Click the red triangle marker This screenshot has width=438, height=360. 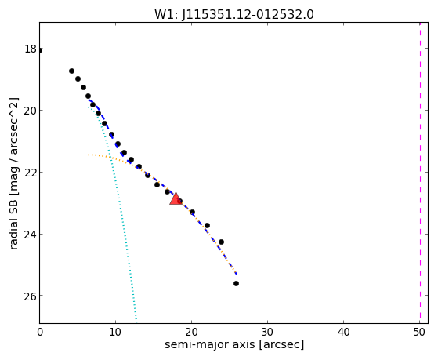click(x=176, y=199)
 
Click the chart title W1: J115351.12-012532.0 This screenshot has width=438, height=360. click(x=234, y=15)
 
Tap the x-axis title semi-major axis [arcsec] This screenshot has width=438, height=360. click(x=234, y=344)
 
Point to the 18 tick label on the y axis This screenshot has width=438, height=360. click(x=31, y=49)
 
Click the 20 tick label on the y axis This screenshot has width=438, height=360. click(x=31, y=111)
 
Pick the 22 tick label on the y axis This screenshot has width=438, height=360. click(x=31, y=173)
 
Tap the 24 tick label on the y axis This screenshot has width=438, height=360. click(x=31, y=235)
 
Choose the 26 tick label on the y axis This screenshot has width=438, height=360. click(x=31, y=296)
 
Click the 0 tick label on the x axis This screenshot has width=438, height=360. click(x=40, y=332)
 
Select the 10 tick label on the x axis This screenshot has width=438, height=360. click(x=115, y=332)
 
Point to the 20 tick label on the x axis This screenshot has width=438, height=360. click(x=191, y=332)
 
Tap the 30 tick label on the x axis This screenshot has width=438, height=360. click(x=268, y=332)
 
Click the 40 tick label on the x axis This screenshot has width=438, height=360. click(x=344, y=332)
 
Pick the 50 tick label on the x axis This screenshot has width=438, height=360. click(x=419, y=332)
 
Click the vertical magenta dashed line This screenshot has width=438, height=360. click(x=420, y=173)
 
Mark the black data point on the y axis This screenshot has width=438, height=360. click(x=40, y=51)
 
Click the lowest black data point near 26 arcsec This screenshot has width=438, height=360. click(x=237, y=284)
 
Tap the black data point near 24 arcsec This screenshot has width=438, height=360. click(x=221, y=242)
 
